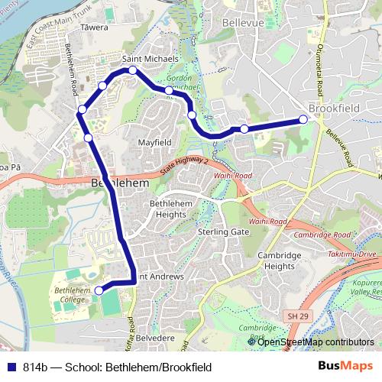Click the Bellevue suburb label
243,24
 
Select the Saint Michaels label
150,58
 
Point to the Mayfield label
154,143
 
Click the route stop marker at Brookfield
303,118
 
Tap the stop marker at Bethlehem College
99,290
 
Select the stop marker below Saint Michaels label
133,70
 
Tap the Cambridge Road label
312,235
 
